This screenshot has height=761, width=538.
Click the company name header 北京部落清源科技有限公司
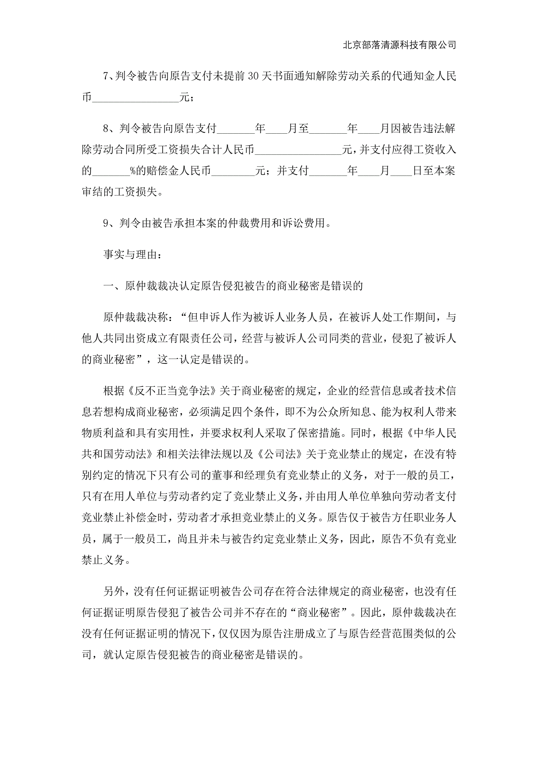[399, 45]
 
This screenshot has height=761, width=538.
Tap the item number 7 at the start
[106, 76]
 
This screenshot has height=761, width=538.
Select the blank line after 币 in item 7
[136, 98]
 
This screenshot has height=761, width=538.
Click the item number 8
[106, 128]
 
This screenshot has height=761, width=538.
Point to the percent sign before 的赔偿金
[133, 171]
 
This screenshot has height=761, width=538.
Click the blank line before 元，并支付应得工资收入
[298, 150]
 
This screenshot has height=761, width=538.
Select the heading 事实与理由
[132, 255]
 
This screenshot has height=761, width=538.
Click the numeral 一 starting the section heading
[108, 286]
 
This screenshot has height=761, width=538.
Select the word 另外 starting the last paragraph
[114, 591]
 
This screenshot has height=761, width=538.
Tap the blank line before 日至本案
[401, 171]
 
